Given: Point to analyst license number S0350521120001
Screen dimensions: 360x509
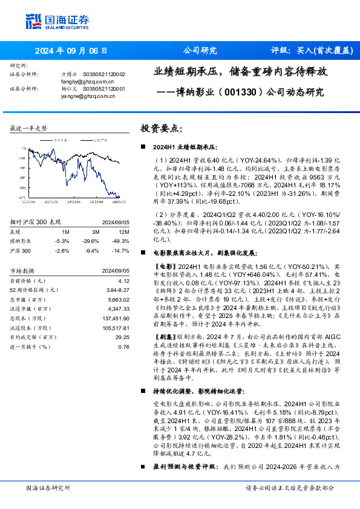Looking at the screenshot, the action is tap(106, 88).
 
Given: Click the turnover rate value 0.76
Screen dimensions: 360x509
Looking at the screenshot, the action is tap(123, 346).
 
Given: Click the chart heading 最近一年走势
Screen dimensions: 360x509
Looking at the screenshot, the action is tap(29, 129).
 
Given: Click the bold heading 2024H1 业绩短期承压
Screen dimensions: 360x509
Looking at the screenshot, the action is tap(184, 147).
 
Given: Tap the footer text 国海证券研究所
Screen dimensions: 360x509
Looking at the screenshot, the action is tap(48, 487).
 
